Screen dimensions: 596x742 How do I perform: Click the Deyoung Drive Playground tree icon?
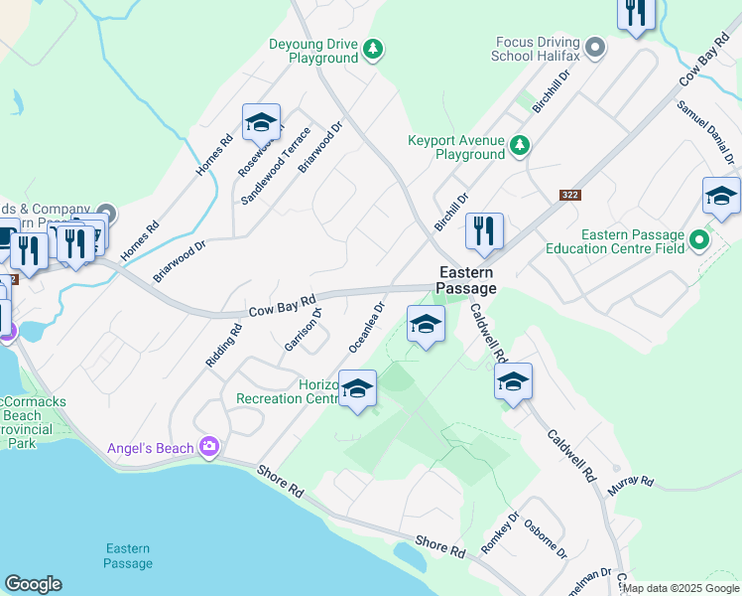[x=373, y=49]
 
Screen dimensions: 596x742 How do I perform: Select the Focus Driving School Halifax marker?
[x=595, y=47]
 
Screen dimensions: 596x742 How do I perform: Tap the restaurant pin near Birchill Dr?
[x=484, y=231]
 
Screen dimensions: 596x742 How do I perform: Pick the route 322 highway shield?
[x=569, y=196]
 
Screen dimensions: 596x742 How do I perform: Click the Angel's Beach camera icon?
[x=208, y=448]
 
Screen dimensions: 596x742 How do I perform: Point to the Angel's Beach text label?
[x=151, y=449]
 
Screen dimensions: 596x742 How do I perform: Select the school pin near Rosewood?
[x=261, y=123]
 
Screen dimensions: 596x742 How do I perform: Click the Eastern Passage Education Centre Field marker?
[x=700, y=240]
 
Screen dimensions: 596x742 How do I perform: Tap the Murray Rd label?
[x=632, y=482]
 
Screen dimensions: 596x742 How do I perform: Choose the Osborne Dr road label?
[x=546, y=539]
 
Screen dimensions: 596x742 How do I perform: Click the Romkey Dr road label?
[x=500, y=533]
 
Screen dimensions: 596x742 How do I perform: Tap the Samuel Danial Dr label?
[x=705, y=132]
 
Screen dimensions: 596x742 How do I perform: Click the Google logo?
[x=33, y=584]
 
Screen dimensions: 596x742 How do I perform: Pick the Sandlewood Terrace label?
[x=276, y=167]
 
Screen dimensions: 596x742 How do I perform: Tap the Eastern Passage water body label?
[x=128, y=556]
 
